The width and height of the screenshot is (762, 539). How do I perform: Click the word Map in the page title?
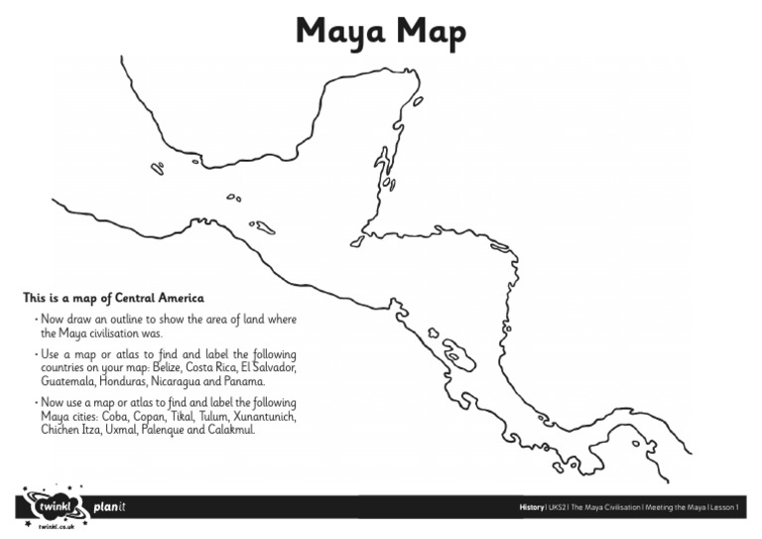tap(428, 33)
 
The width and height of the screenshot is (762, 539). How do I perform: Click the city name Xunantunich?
tap(260, 417)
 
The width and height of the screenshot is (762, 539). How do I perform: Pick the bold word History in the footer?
tap(532, 507)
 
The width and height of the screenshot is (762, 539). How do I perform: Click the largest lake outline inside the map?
tap(458, 351)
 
